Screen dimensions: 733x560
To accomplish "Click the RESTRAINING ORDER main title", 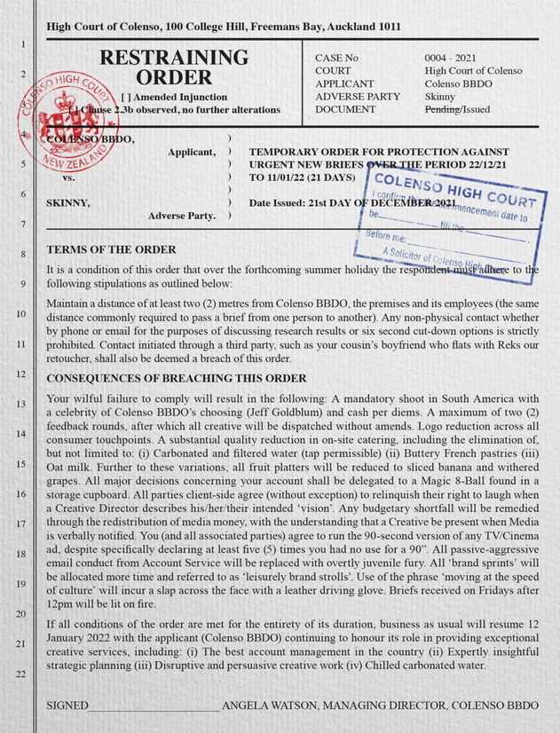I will (175, 67).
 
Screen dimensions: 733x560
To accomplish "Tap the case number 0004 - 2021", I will (453, 58).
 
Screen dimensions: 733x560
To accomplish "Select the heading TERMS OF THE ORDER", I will (110, 249).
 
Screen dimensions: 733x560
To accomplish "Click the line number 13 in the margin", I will (20, 404).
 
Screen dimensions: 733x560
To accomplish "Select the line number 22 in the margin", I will (20, 674).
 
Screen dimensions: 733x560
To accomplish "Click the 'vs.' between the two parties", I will (67, 177).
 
